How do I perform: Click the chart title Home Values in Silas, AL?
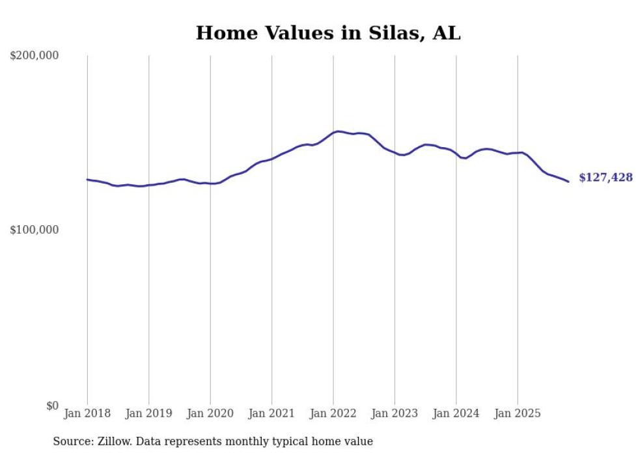click(328, 33)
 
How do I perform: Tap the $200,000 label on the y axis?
click(35, 56)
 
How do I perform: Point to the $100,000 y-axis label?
click(35, 230)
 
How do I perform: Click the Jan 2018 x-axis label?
click(87, 413)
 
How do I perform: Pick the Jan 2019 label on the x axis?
click(149, 413)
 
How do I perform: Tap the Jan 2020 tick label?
click(210, 413)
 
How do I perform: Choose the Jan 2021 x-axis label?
click(271, 413)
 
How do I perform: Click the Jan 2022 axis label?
click(333, 413)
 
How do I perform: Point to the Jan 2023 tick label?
click(395, 413)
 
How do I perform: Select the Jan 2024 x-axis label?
click(456, 413)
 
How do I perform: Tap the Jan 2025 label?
click(518, 413)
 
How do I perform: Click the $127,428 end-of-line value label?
click(605, 178)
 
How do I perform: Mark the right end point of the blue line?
click(568, 182)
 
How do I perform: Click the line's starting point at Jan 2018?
click(87, 180)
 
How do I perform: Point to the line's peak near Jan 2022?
click(337, 131)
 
